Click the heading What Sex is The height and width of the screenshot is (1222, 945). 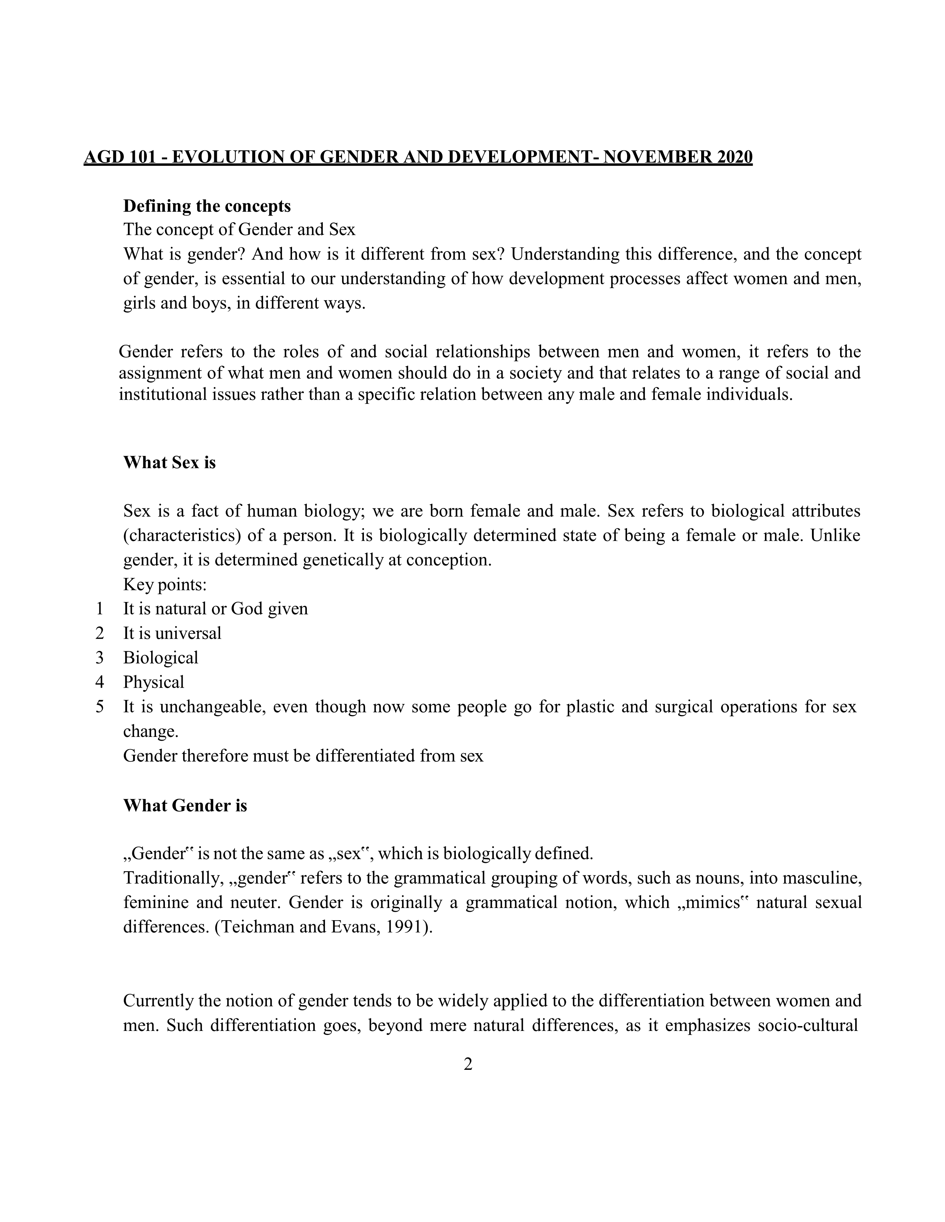[169, 463]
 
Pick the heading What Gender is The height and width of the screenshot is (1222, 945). [185, 806]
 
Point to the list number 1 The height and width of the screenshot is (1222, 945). [100, 609]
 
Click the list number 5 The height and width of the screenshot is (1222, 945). [100, 707]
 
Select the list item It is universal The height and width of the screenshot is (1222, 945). [172, 633]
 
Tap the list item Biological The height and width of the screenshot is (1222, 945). [161, 658]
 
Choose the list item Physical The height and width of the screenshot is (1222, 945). [153, 682]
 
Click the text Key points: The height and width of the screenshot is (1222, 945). [165, 585]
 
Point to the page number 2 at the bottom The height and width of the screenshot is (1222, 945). [468, 1064]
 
